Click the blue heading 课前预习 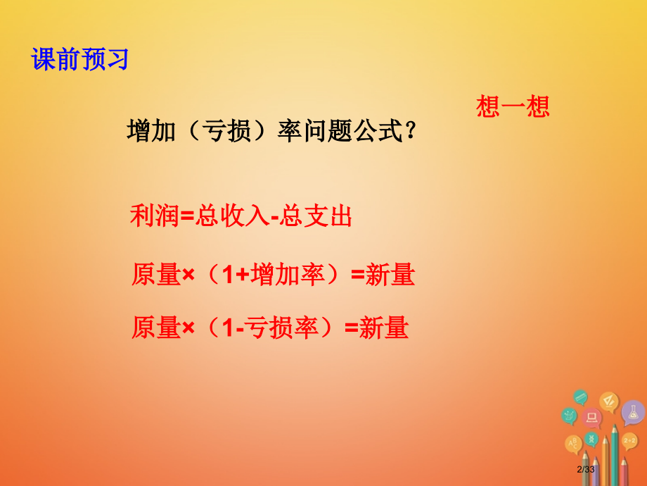80,59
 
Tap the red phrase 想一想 512,106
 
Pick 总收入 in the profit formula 233,216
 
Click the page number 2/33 586,470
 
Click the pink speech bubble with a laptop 592,418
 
